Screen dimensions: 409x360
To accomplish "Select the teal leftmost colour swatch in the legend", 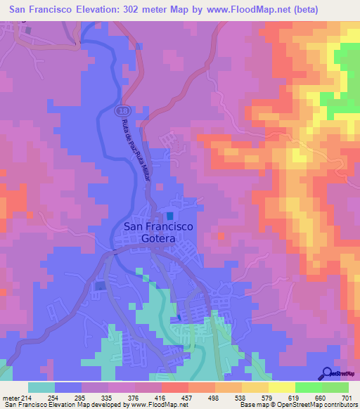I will (x=41, y=387).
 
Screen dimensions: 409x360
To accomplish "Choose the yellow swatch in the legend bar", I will (x=281, y=387).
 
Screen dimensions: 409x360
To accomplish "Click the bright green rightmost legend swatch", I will (x=335, y=387).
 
